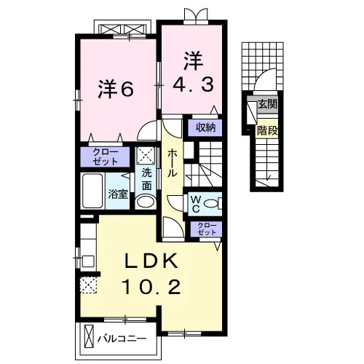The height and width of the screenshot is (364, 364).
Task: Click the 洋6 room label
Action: [x=116, y=90]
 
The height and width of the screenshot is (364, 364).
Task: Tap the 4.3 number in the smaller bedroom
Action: [x=193, y=84]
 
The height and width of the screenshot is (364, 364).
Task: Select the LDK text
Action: [x=151, y=261]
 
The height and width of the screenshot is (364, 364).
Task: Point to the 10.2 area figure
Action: [x=152, y=287]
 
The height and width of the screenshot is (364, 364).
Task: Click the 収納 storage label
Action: [x=206, y=127]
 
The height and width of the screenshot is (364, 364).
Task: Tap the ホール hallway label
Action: [x=172, y=163]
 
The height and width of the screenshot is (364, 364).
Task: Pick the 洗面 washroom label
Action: [x=146, y=179]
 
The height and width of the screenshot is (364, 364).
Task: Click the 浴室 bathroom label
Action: [x=118, y=194]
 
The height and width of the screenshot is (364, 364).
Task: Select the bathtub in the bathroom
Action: [x=92, y=191]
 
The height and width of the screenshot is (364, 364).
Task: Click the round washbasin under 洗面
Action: [x=146, y=202]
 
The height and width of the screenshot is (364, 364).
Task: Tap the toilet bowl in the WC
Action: [x=211, y=203]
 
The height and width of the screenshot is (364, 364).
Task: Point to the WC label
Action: [x=196, y=204]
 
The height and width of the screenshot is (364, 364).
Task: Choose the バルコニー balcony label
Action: [x=122, y=339]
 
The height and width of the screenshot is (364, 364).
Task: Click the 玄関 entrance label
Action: [x=267, y=104]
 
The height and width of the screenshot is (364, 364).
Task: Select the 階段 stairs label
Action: [x=267, y=131]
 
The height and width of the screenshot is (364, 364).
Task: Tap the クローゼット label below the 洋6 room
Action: [x=105, y=157]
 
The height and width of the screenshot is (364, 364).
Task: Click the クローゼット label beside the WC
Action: [x=207, y=229]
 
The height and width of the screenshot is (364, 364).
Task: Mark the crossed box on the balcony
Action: [x=89, y=337]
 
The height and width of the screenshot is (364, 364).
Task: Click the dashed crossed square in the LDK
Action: [x=89, y=285]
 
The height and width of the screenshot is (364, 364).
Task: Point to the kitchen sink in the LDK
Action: [x=87, y=261]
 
